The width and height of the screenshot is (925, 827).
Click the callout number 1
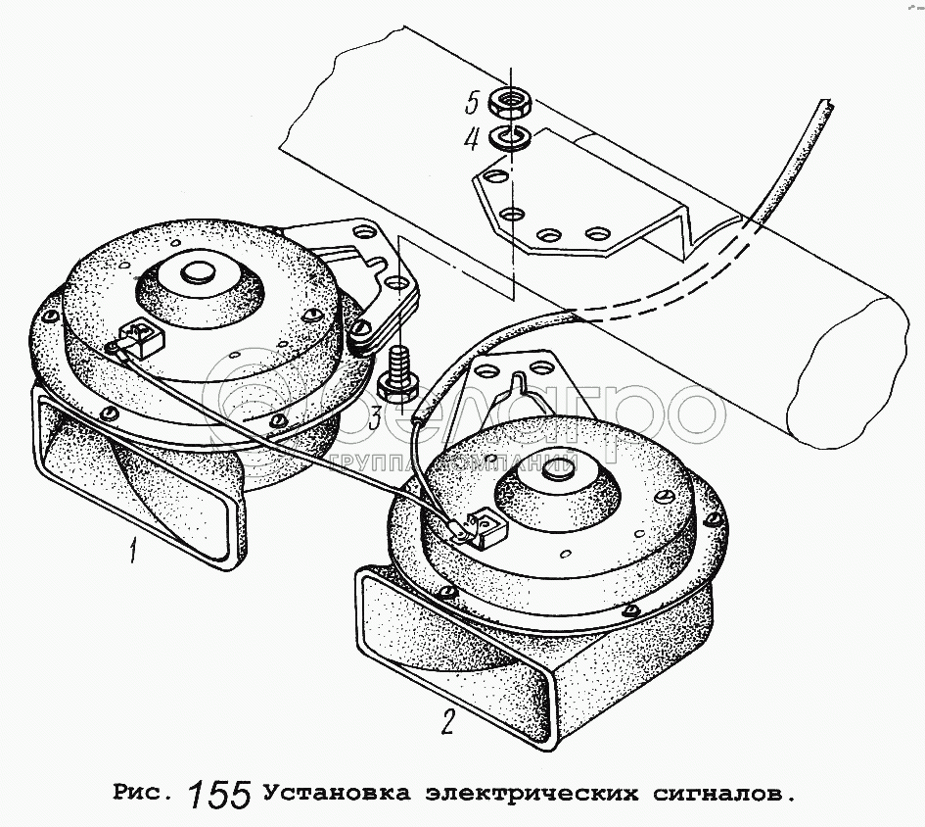[134, 549]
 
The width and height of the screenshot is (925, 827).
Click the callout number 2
[448, 720]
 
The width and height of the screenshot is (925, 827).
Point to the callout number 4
[472, 139]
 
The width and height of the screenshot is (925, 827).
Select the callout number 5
[472, 103]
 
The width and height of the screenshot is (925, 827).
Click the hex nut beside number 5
[510, 102]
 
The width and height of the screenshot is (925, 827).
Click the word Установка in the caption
[337, 792]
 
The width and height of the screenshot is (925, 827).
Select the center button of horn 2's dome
[558, 468]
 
